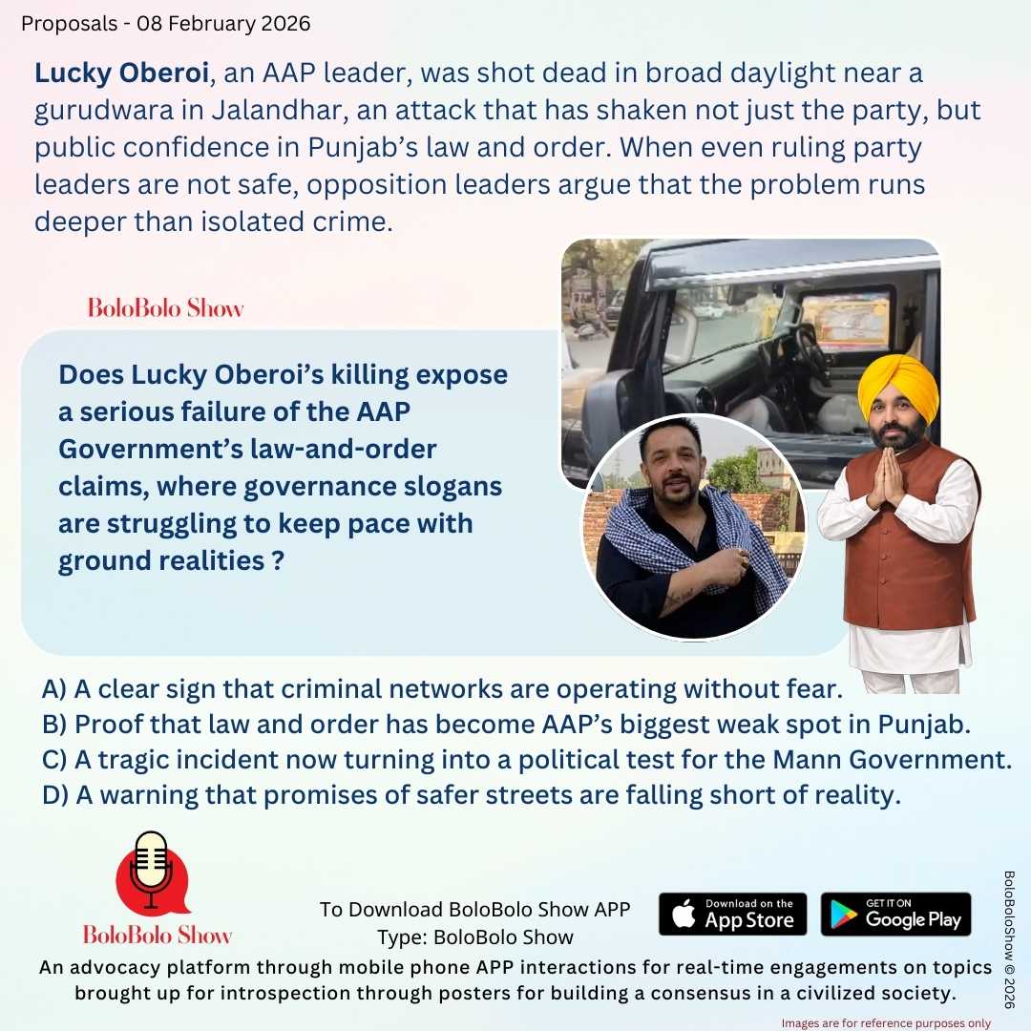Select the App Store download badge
732,914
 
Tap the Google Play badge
895,914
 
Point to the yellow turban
896,386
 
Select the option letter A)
54,688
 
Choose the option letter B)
54,725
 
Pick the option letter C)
54,761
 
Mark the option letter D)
54,796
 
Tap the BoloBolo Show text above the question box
165,308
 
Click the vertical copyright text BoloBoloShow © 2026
1010,939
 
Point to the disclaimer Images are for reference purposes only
886,1022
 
